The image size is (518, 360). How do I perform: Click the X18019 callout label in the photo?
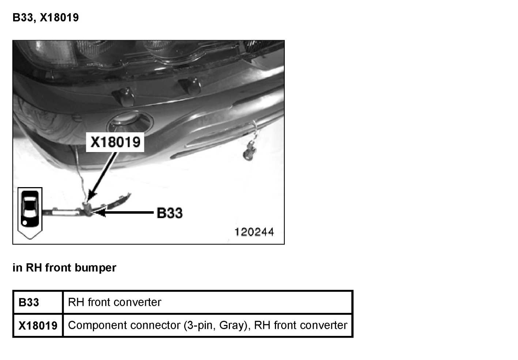click(x=115, y=142)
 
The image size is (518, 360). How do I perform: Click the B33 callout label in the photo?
click(x=169, y=213)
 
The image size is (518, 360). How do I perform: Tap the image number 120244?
click(x=254, y=232)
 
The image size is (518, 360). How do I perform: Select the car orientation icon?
click(x=30, y=212)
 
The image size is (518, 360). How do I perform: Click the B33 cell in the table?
click(x=29, y=303)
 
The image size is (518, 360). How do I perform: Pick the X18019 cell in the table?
click(x=38, y=325)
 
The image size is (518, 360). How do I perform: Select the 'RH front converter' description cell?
click(x=114, y=302)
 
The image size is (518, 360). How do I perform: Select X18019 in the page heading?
click(x=59, y=18)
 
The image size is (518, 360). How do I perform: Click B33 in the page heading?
click(x=23, y=18)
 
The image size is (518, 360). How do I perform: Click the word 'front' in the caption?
click(x=58, y=268)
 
